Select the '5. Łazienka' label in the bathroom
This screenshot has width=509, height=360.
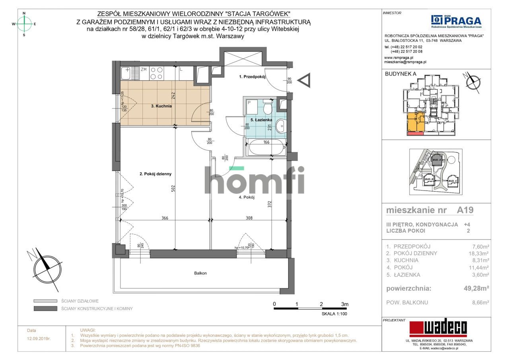pyautogui.click(x=261, y=120)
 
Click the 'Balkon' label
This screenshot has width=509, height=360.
pyautogui.click(x=200, y=273)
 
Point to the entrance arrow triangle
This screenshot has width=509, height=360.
pyautogui.click(x=305, y=81)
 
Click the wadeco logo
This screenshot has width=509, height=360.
pyautogui.click(x=438, y=329)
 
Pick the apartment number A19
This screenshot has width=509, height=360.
pyautogui.click(x=465, y=210)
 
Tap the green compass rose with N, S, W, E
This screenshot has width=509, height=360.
pyautogui.click(x=24, y=24)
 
